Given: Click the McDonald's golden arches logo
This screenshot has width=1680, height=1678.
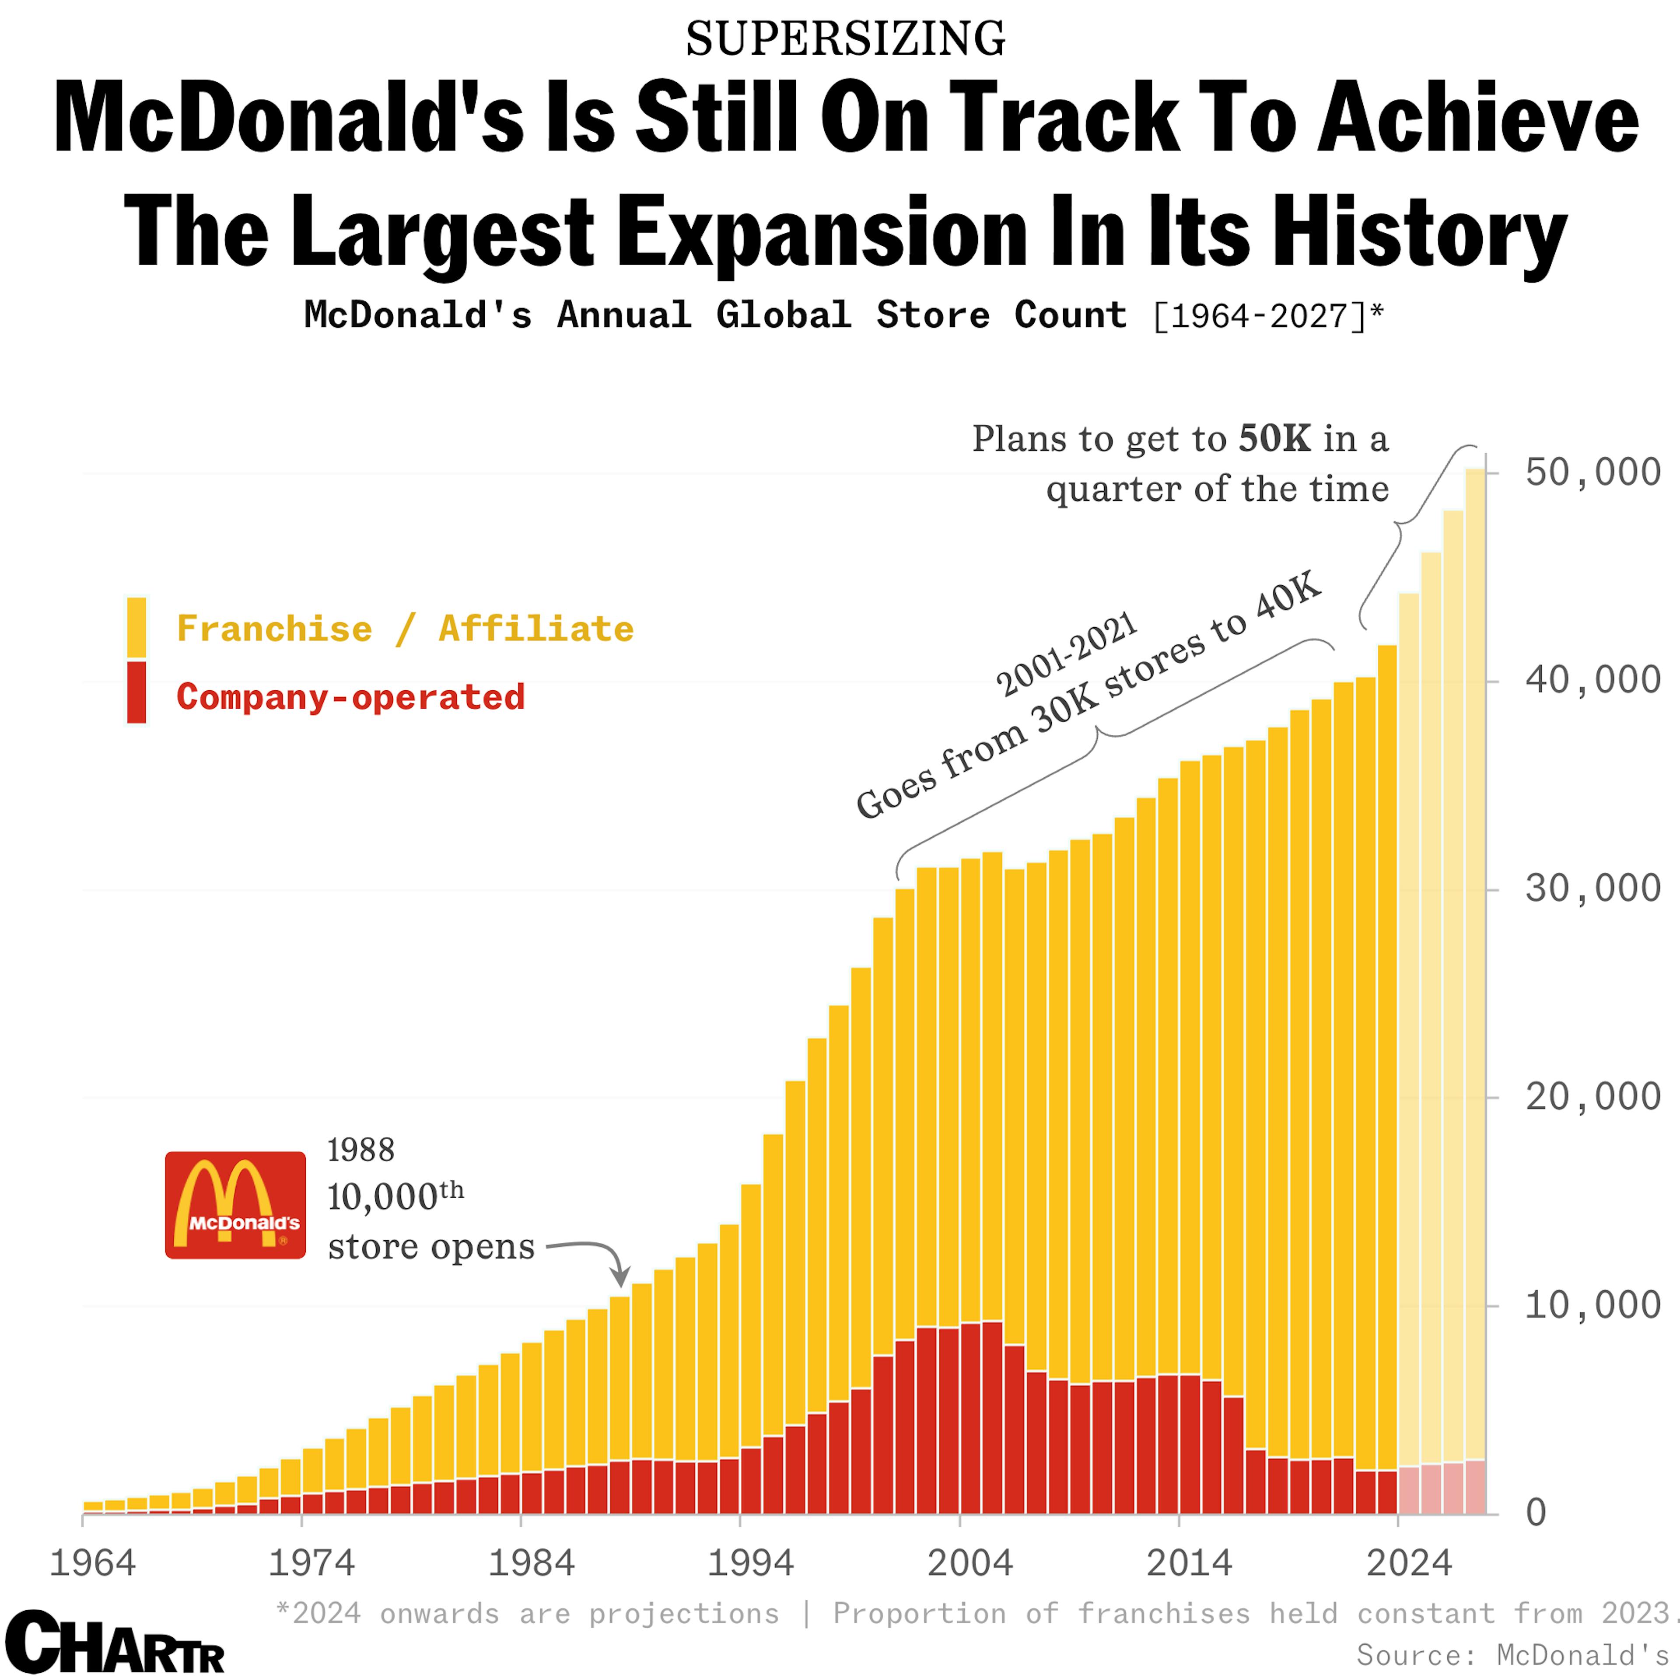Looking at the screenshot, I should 235,1205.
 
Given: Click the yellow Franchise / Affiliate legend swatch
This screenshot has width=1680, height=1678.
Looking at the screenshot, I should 136,627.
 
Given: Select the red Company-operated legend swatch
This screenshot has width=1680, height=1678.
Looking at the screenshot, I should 136,693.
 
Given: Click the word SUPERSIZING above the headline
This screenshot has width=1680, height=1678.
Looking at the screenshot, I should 845,39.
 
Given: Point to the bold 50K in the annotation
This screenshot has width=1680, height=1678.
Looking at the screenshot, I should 1274,439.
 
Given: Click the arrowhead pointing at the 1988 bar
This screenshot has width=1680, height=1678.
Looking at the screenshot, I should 619,1278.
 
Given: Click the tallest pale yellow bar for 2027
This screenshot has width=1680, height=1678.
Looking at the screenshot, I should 1475,956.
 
